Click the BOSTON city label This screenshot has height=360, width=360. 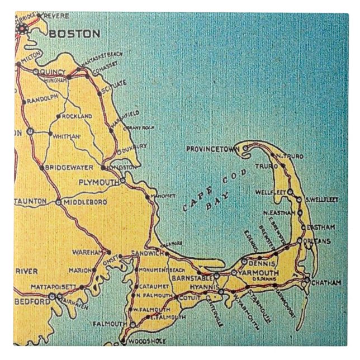pos(74,34)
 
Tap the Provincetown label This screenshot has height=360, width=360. pos(212,149)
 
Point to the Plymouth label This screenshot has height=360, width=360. pos(98,183)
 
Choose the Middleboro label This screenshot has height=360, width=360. pos(82,202)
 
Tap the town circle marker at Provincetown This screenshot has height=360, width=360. pos(244,148)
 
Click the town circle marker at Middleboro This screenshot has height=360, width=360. pos(58,202)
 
